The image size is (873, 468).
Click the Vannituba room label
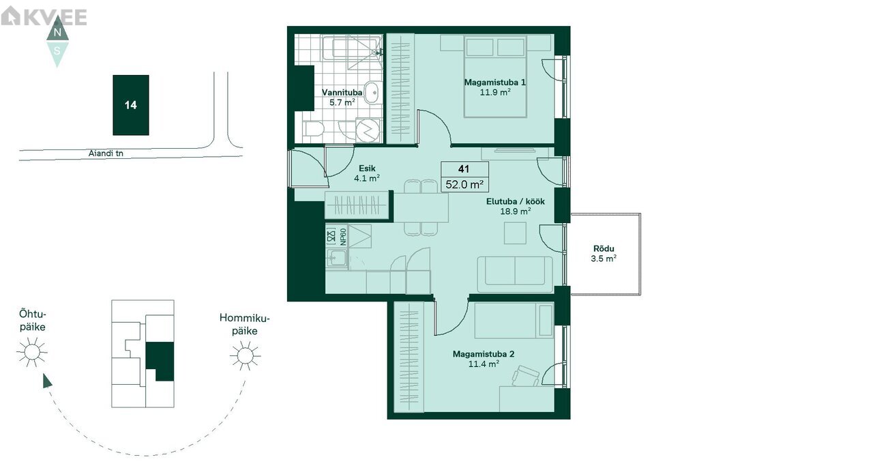click(x=342, y=93)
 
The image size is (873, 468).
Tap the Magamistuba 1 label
click(x=494, y=83)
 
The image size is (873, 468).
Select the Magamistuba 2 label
click(x=484, y=354)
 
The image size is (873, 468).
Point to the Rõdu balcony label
click(x=604, y=248)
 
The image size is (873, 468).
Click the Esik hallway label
click(x=367, y=168)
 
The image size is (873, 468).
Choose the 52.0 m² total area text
click(x=464, y=184)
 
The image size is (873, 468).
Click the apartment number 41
click(x=463, y=169)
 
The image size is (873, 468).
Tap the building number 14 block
click(x=131, y=105)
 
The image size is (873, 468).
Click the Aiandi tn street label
click(x=106, y=153)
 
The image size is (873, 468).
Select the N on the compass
click(x=57, y=32)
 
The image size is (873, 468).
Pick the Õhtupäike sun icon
click(x=31, y=352)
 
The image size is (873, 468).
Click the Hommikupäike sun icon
click(x=245, y=355)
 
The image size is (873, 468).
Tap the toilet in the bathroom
click(x=314, y=129)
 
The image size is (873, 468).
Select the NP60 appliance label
click(x=343, y=237)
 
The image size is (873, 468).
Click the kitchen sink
click(x=337, y=258)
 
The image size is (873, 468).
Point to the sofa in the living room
click(x=515, y=274)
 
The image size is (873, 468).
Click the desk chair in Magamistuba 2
click(x=526, y=377)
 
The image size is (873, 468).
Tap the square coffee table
click(x=515, y=233)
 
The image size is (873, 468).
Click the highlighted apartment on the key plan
click(x=160, y=361)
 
